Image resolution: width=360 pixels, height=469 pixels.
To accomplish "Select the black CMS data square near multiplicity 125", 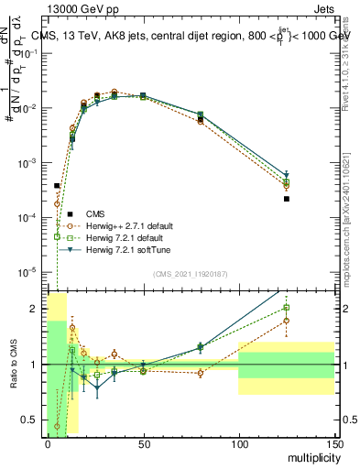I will (x=287, y=199).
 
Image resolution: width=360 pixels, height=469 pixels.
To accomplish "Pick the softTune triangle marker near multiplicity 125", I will (x=287, y=174).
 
